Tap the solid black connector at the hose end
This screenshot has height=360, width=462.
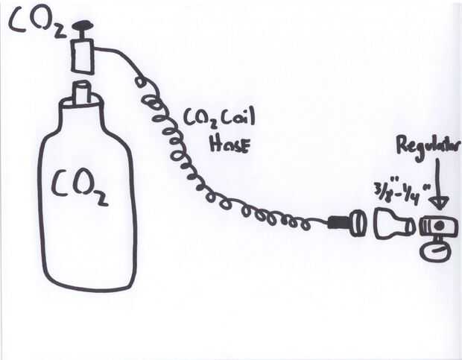pos(339,221)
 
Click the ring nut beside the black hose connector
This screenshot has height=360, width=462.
pos(358,221)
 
